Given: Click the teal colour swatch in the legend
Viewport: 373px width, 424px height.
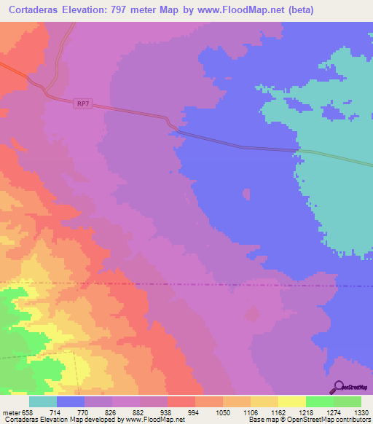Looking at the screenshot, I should point(43,401).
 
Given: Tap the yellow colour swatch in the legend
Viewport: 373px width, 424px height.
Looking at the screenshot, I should point(291,401).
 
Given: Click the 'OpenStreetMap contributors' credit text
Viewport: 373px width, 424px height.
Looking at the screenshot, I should point(331,419).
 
